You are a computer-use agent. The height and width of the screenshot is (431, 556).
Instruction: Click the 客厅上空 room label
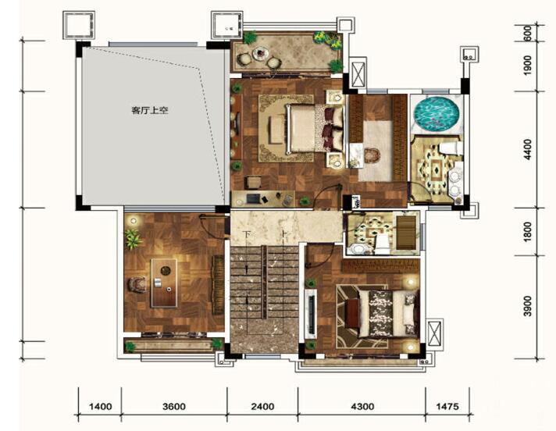(x=150, y=110)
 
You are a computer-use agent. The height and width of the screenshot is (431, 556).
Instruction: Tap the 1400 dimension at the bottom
(x=101, y=406)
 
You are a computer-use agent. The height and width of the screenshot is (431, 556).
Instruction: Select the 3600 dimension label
(x=174, y=406)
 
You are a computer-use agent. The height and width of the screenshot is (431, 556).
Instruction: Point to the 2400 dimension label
(x=262, y=406)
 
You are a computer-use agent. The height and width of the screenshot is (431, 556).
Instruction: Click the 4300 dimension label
(x=362, y=406)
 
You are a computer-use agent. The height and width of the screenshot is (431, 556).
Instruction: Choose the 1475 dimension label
(x=447, y=406)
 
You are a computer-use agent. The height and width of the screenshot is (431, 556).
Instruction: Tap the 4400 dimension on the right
(x=528, y=149)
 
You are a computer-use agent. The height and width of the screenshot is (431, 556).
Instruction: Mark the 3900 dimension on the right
(x=528, y=306)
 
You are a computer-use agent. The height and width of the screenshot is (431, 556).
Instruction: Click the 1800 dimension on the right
(x=528, y=232)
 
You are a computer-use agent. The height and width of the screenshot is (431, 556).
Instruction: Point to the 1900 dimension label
(x=528, y=66)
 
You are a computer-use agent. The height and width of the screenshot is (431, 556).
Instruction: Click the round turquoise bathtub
(x=437, y=114)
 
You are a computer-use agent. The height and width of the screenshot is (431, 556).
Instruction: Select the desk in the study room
(x=164, y=283)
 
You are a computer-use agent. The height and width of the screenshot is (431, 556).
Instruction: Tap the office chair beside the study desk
(x=138, y=284)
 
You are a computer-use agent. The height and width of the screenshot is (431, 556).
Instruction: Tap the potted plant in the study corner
(x=133, y=239)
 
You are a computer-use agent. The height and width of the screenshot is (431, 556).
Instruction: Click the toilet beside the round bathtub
(x=450, y=148)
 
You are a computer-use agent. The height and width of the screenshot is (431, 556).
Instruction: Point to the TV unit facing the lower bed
(x=311, y=312)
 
